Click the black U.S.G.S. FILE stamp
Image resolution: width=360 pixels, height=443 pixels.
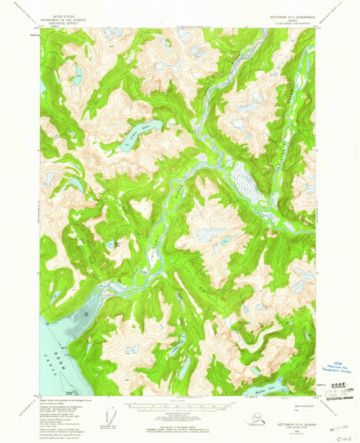[x=338, y=389]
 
